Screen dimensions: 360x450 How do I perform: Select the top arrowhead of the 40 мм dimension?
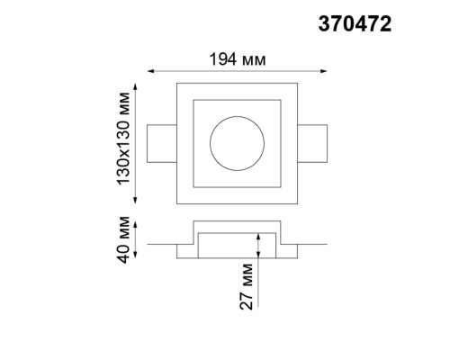(136, 222)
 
